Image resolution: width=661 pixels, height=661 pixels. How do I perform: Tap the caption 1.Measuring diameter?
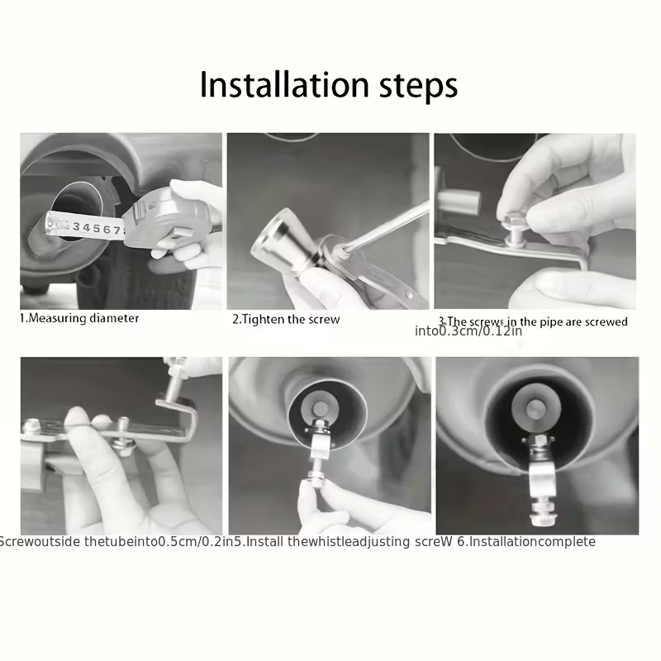[79, 318]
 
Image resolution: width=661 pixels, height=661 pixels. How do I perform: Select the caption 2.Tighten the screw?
[285, 319]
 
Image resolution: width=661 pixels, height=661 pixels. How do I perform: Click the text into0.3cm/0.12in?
[468, 331]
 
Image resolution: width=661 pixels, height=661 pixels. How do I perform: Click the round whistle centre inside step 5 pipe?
[321, 407]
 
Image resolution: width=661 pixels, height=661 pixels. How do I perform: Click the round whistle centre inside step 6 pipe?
[536, 407]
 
